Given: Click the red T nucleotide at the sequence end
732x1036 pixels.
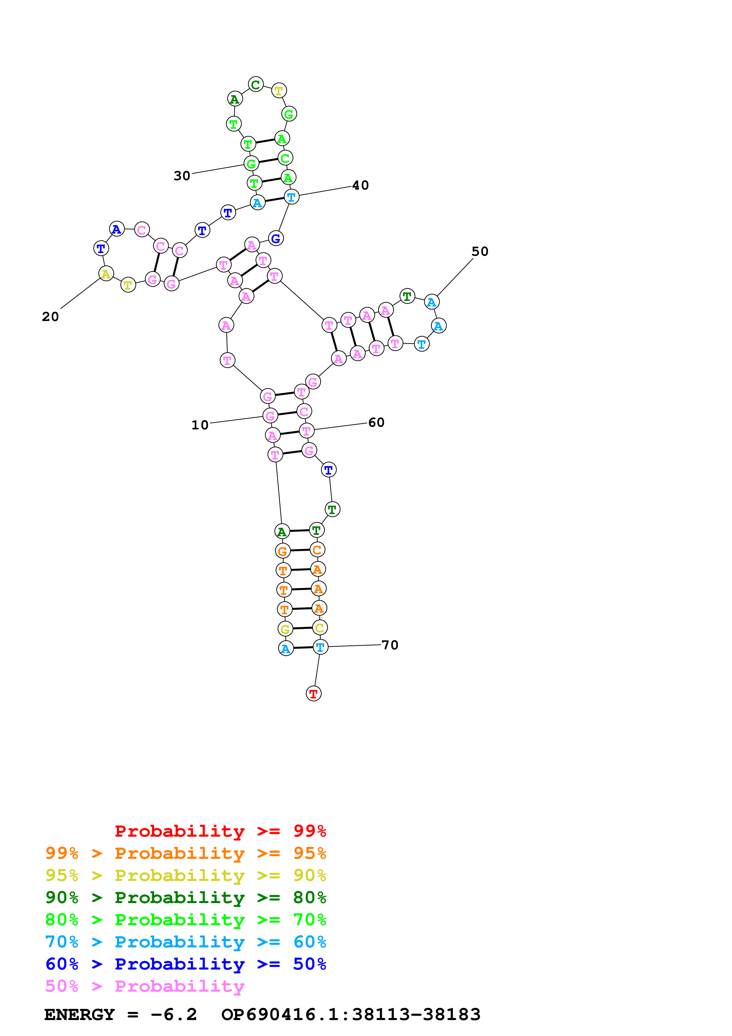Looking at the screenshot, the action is (314, 693).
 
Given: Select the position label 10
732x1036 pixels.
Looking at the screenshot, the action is (200, 425).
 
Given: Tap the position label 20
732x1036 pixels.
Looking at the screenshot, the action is (50, 317).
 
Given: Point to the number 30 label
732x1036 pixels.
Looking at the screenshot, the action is (182, 175).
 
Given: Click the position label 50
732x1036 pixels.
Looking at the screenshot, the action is (480, 251).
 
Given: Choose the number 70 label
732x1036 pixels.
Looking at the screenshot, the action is (390, 645).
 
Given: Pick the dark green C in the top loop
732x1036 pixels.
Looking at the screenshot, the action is (256, 84).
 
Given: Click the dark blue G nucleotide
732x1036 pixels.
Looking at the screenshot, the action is (275, 238).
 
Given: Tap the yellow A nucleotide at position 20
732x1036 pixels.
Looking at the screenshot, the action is (106, 273).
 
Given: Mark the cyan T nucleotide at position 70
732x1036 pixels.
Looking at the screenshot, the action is (320, 647).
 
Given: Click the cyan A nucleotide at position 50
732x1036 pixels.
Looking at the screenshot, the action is (432, 302).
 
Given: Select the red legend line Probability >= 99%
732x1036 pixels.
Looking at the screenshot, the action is (220, 831).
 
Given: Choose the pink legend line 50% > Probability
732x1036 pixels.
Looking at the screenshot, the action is (145, 986).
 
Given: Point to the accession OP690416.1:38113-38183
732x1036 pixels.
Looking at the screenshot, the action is (351, 1015).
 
